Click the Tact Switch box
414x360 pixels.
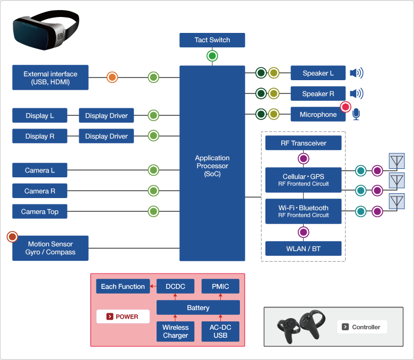(212, 40)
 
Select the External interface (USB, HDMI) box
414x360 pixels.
(50, 78)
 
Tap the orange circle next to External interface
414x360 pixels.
(112, 78)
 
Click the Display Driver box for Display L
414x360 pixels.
(106, 116)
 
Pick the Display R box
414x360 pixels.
(40, 136)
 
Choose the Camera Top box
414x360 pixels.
(40, 212)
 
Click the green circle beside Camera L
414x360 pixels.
(153, 170)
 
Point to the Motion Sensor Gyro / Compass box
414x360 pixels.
(50, 248)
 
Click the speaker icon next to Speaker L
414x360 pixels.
(357, 73)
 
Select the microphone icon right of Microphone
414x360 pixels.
(356, 115)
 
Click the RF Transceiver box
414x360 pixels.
(303, 143)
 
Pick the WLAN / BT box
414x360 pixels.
(303, 248)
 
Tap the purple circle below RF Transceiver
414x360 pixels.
(303, 159)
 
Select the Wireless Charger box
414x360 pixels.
(175, 332)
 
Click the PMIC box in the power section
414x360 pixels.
(220, 287)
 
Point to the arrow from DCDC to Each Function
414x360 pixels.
(153, 287)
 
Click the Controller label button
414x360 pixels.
(362, 327)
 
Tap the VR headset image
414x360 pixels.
(45, 31)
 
